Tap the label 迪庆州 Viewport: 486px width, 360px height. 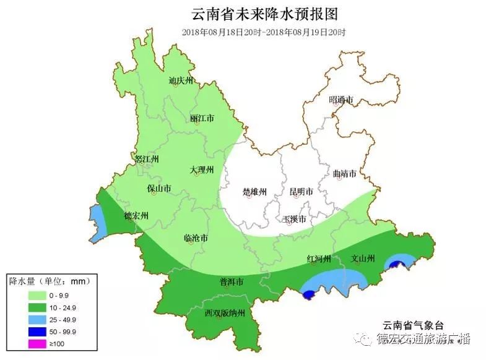[x=181, y=80]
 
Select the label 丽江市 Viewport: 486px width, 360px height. [x=202, y=118]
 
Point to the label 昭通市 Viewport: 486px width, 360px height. [x=341, y=100]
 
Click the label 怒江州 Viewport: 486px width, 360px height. [x=147, y=159]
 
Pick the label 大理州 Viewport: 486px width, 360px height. [x=202, y=169]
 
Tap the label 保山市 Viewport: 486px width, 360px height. [x=159, y=188]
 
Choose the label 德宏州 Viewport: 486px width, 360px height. [x=136, y=216]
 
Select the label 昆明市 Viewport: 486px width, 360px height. [x=301, y=192]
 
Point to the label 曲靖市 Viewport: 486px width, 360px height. [x=344, y=174]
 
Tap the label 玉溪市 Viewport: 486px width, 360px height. [x=293, y=219]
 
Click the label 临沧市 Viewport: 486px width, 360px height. [x=196, y=238]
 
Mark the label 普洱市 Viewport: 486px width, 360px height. [x=232, y=281]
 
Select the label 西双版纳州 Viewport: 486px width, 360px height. [x=226, y=313]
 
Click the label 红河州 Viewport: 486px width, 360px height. [x=319, y=258]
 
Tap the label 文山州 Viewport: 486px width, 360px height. [x=363, y=258]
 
